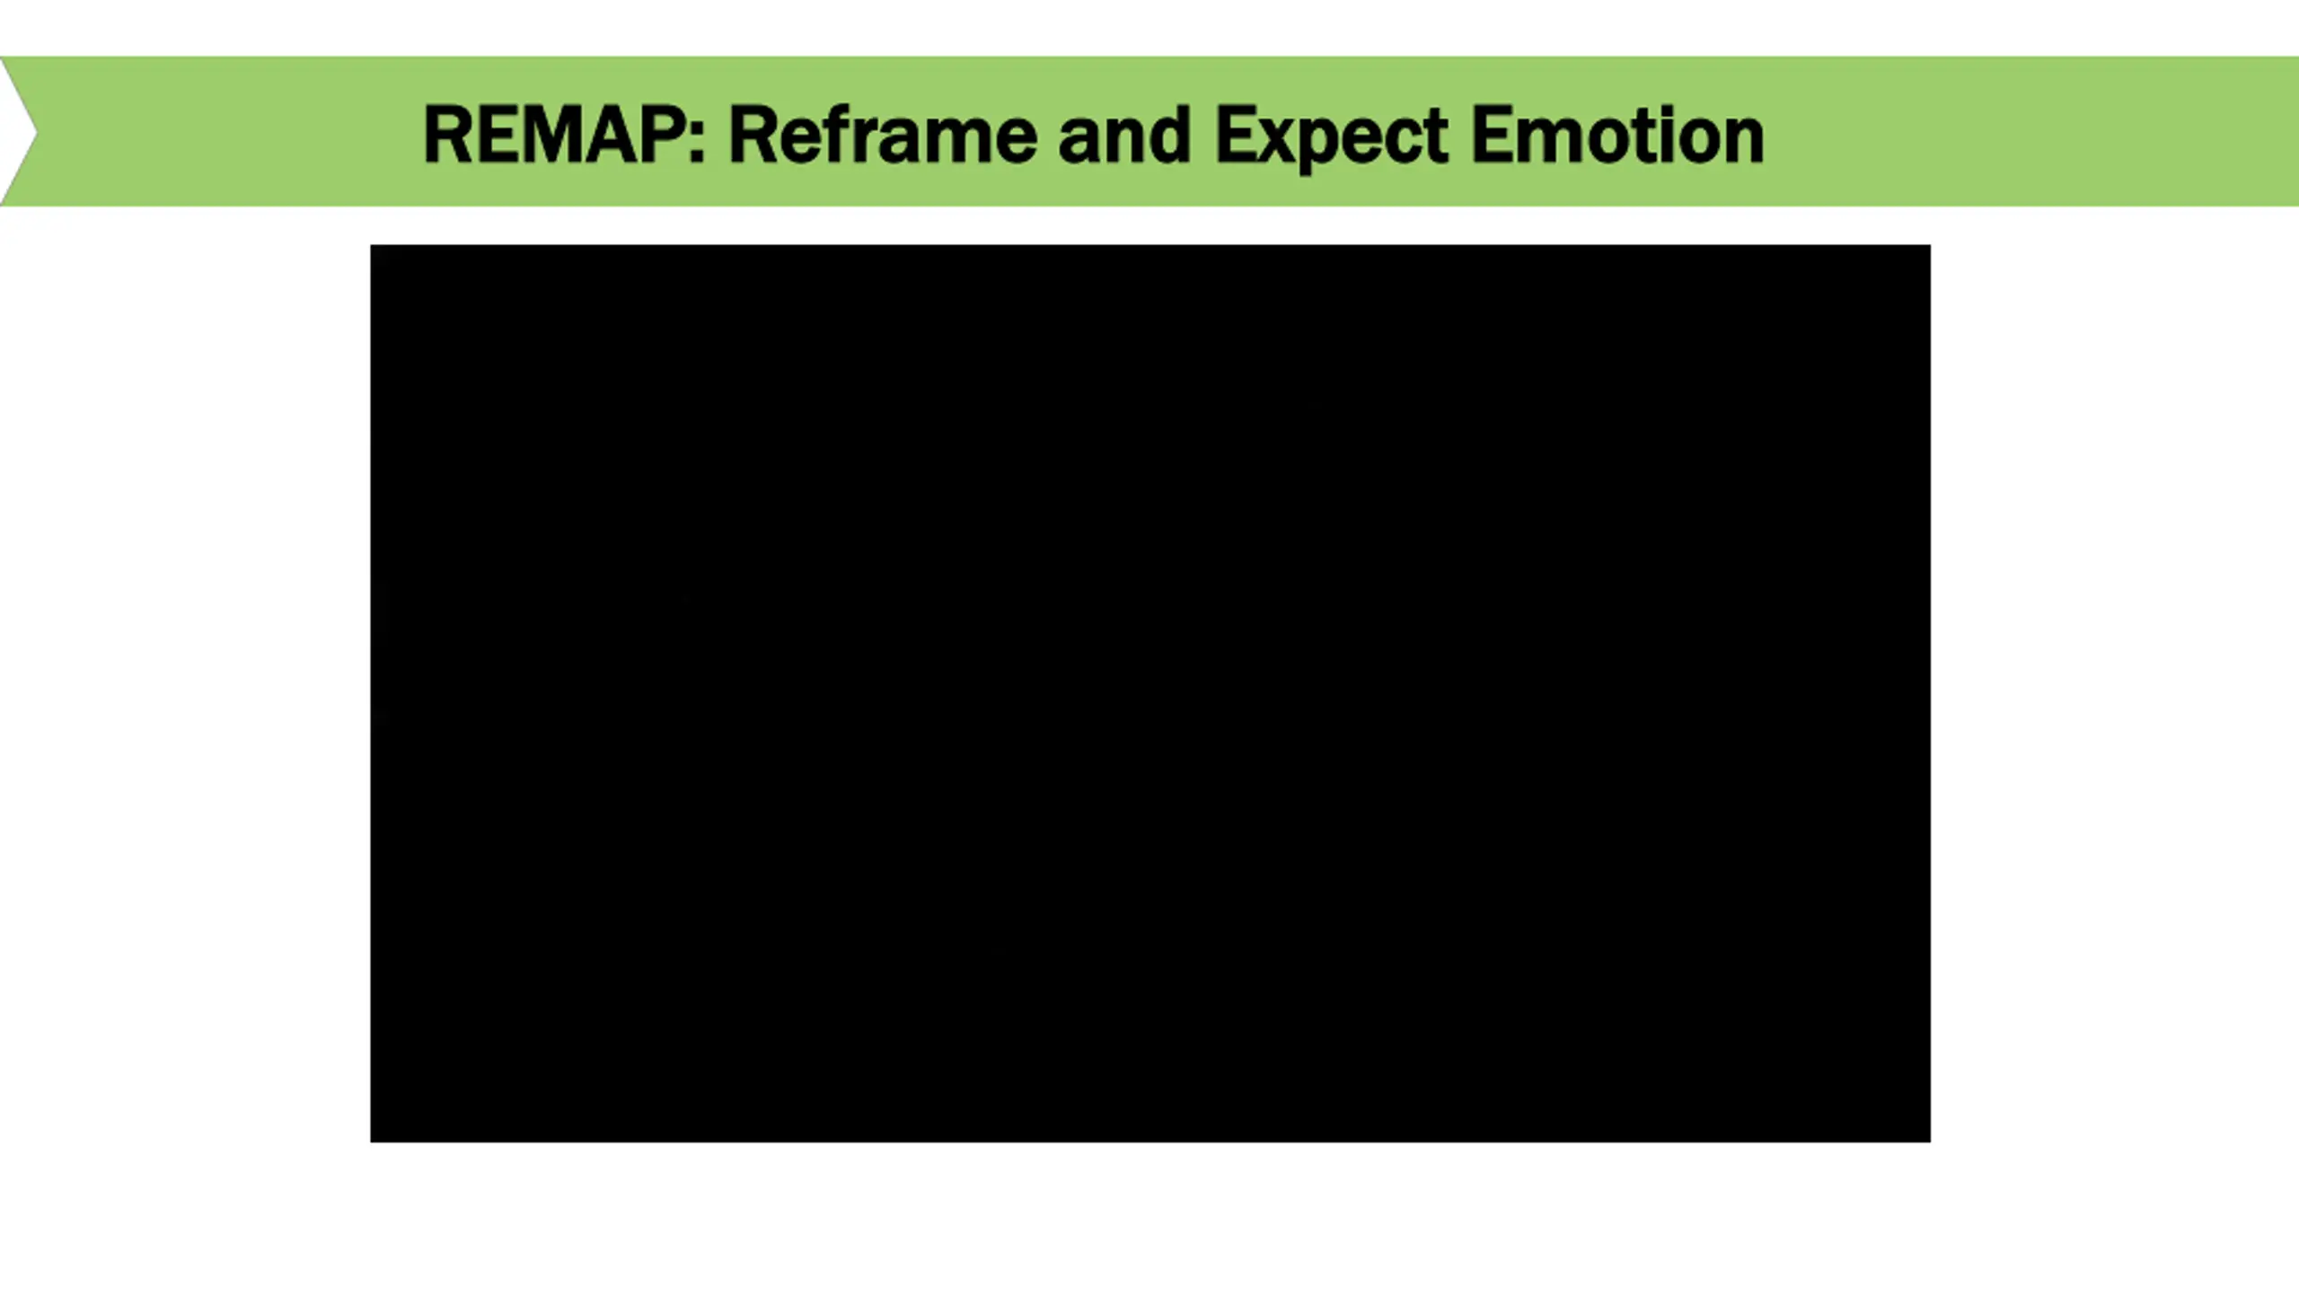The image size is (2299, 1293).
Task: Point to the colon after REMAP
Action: pos(696,139)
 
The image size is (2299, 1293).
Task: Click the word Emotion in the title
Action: pos(1617,135)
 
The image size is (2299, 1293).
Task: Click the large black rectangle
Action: pos(1149,692)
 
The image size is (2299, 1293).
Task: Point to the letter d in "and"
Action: pos(1168,135)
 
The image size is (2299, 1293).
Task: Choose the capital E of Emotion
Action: pos(1492,135)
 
